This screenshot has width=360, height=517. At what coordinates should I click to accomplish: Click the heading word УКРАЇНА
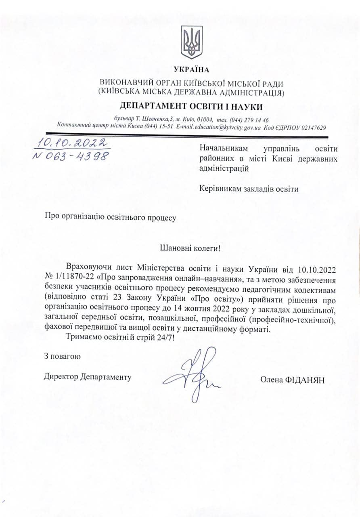point(191,70)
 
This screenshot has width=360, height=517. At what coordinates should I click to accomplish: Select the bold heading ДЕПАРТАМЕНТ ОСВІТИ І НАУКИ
point(191,106)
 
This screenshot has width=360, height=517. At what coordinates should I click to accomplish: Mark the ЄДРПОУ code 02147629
point(310,127)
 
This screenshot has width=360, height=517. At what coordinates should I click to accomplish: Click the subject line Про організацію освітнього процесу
point(110,218)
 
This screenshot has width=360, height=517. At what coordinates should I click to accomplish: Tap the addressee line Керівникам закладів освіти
point(249,189)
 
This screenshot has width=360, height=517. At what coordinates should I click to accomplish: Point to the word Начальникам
point(224,149)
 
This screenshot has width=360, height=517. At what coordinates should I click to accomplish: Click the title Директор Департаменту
point(88,377)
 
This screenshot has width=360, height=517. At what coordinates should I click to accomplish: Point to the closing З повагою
point(63,356)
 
